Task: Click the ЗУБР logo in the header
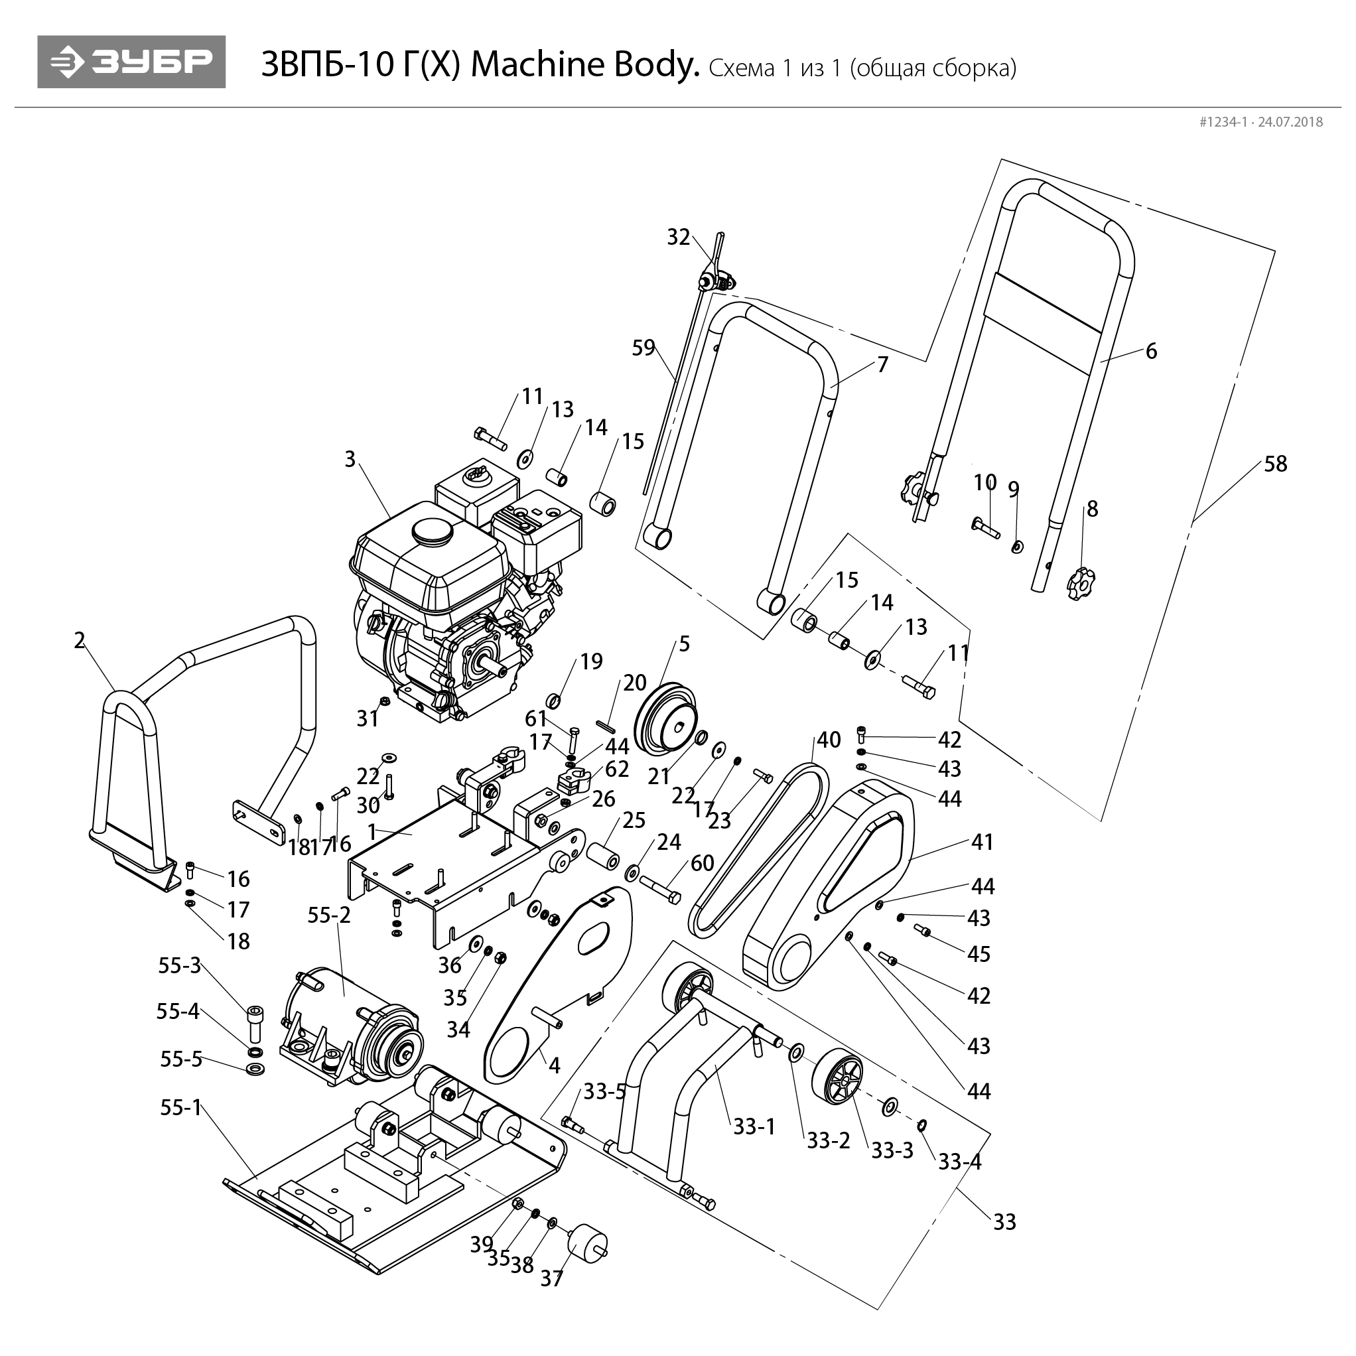[131, 62]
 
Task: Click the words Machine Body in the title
[584, 64]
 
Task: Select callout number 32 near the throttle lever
[678, 237]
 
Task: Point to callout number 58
[1275, 464]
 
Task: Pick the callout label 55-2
[328, 915]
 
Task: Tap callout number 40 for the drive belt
[828, 740]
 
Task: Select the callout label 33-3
[892, 1150]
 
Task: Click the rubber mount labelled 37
[586, 1244]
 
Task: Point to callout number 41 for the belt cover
[982, 842]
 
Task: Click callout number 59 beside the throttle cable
[643, 348]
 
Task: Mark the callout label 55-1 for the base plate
[180, 1107]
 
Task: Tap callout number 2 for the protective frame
[80, 640]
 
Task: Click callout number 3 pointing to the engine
[350, 459]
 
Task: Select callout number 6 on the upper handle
[1151, 351]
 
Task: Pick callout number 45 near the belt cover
[979, 954]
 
